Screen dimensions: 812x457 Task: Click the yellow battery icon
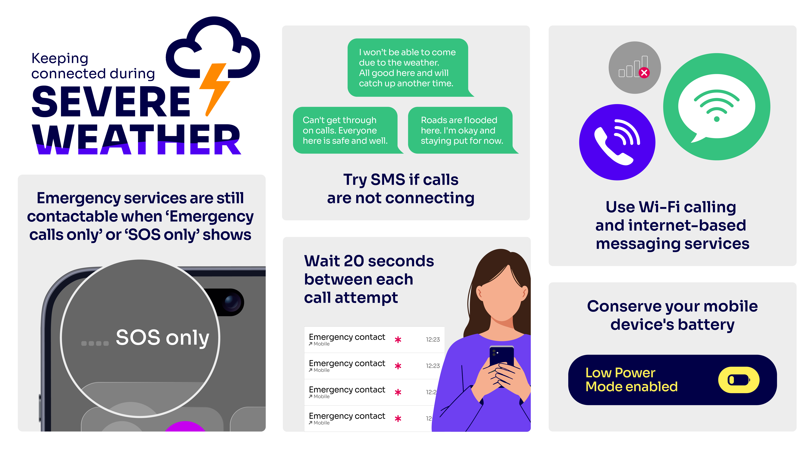739,380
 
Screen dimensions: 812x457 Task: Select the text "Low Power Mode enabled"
631,380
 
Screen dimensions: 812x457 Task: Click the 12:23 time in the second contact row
433,366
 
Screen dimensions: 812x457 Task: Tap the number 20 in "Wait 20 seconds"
354,261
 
